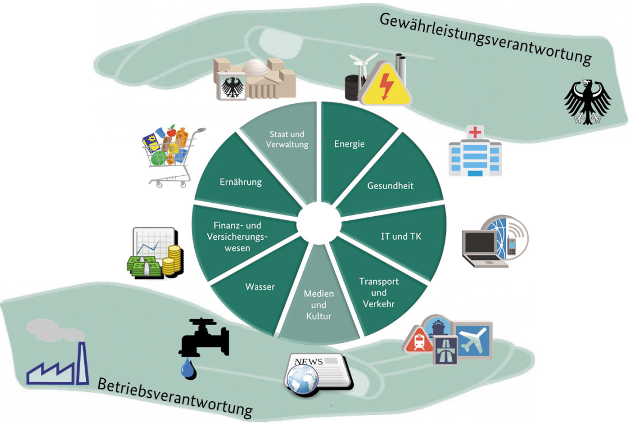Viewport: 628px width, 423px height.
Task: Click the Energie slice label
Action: (x=349, y=144)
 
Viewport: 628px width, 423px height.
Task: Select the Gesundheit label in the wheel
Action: (x=390, y=186)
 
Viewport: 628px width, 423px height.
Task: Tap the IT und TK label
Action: (x=401, y=236)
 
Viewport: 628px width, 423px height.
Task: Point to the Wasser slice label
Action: (x=260, y=286)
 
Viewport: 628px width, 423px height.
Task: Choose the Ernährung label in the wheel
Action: (x=240, y=182)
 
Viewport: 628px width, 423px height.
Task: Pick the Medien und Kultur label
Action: (x=319, y=305)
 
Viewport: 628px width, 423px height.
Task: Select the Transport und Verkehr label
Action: (x=379, y=292)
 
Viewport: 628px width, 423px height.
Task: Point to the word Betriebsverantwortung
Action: (x=175, y=396)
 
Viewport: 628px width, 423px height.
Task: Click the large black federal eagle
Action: (x=587, y=102)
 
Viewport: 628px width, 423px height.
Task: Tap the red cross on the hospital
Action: (x=475, y=133)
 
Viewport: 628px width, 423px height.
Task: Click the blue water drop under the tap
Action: (x=188, y=368)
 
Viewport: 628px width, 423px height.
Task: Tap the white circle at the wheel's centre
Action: (x=319, y=224)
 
